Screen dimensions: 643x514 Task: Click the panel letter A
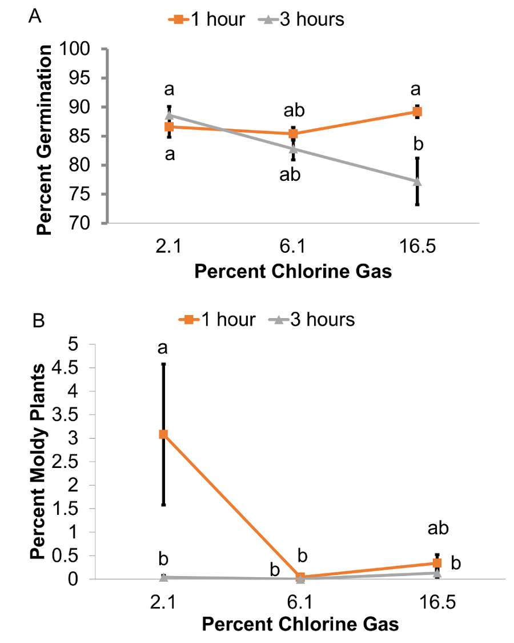coord(35,17)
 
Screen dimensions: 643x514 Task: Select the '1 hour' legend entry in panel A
coord(207,19)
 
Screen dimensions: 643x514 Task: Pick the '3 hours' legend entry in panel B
coord(312,319)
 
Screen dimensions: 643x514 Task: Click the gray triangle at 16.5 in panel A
coord(417,181)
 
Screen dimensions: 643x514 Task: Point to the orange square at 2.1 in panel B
coord(163,434)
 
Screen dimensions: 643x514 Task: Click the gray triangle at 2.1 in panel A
coord(169,115)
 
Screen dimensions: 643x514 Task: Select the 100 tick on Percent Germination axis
coord(82,49)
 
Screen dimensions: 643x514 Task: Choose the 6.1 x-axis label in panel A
coord(293,247)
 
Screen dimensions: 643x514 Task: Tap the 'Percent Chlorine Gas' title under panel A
coord(293,271)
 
